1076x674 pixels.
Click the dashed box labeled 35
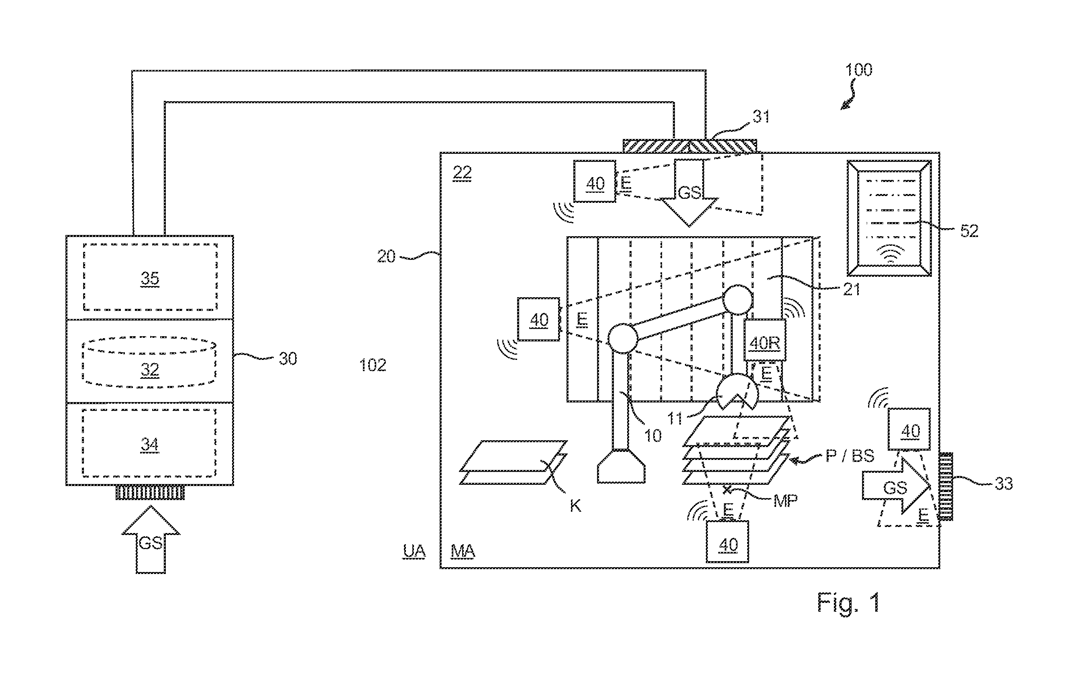click(150, 277)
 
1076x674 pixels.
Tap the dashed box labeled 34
click(149, 443)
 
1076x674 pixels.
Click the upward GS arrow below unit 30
click(151, 539)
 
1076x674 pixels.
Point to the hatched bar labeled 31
click(689, 146)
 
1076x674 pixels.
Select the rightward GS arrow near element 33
click(897, 486)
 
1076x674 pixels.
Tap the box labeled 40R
click(764, 340)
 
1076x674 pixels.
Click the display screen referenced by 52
click(889, 218)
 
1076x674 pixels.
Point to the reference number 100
click(858, 70)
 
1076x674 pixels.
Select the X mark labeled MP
click(727, 490)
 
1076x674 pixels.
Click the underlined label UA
click(414, 551)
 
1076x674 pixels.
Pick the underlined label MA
click(463, 551)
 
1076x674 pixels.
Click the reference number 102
click(373, 366)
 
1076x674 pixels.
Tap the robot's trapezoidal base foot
click(621, 466)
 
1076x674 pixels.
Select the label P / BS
click(850, 455)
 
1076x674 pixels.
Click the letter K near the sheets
click(575, 506)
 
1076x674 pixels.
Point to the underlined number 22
click(462, 172)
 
